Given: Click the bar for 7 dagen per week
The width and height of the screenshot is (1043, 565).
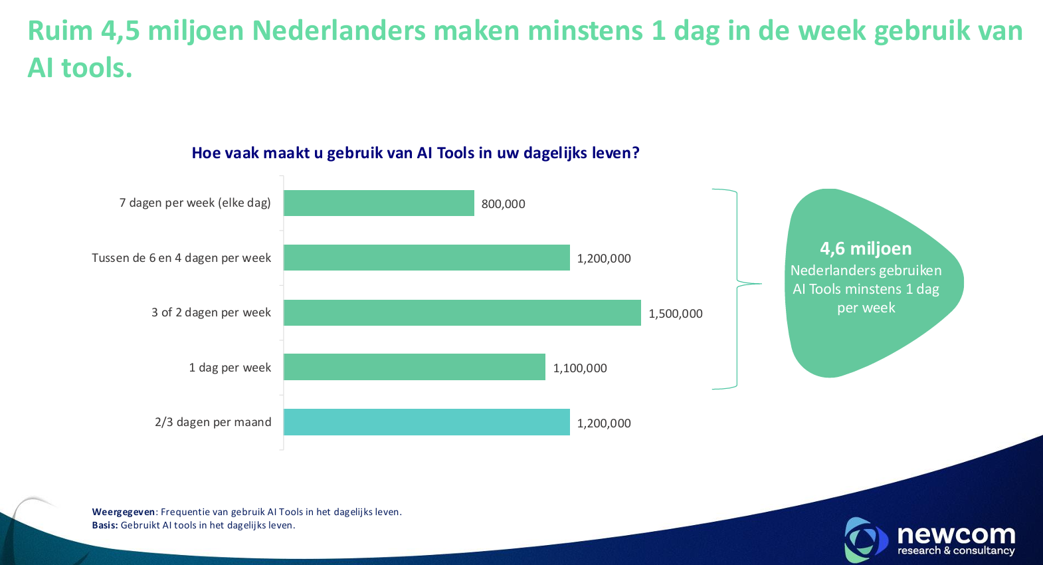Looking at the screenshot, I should [379, 203].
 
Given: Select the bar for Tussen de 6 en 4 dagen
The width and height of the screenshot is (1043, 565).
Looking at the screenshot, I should [427, 258].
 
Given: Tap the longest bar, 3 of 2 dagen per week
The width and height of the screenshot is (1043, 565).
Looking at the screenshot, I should [462, 312].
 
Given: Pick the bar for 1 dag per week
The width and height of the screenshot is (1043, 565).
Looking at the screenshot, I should [415, 367].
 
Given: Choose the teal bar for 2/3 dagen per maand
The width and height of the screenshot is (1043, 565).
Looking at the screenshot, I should [427, 422].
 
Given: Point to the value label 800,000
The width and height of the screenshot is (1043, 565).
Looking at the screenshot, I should [503, 204].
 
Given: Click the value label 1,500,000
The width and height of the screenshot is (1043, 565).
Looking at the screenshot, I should [675, 314].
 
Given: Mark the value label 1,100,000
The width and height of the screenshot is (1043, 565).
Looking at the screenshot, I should [579, 368].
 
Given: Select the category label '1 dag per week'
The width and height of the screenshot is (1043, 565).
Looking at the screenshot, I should [230, 368].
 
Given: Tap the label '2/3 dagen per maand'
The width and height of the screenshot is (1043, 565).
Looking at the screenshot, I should [213, 422].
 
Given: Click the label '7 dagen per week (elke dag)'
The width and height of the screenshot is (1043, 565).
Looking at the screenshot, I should [195, 203].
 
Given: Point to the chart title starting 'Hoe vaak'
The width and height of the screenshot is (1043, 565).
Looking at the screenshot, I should [415, 153].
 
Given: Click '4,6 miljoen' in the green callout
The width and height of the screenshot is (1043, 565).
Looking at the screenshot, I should [866, 249].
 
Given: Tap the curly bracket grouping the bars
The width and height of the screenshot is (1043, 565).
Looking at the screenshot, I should [737, 286].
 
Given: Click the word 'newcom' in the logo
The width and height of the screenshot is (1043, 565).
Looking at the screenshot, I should [956, 534].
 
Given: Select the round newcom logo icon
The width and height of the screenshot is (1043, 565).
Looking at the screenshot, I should [865, 538].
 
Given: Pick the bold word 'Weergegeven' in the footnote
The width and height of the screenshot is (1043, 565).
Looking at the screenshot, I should [124, 512].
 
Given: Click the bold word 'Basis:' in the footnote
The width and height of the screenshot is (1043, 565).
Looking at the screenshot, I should [105, 525].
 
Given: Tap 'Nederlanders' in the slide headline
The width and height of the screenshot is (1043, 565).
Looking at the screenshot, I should [339, 31].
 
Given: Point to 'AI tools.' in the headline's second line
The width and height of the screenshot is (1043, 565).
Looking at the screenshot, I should [80, 68].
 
